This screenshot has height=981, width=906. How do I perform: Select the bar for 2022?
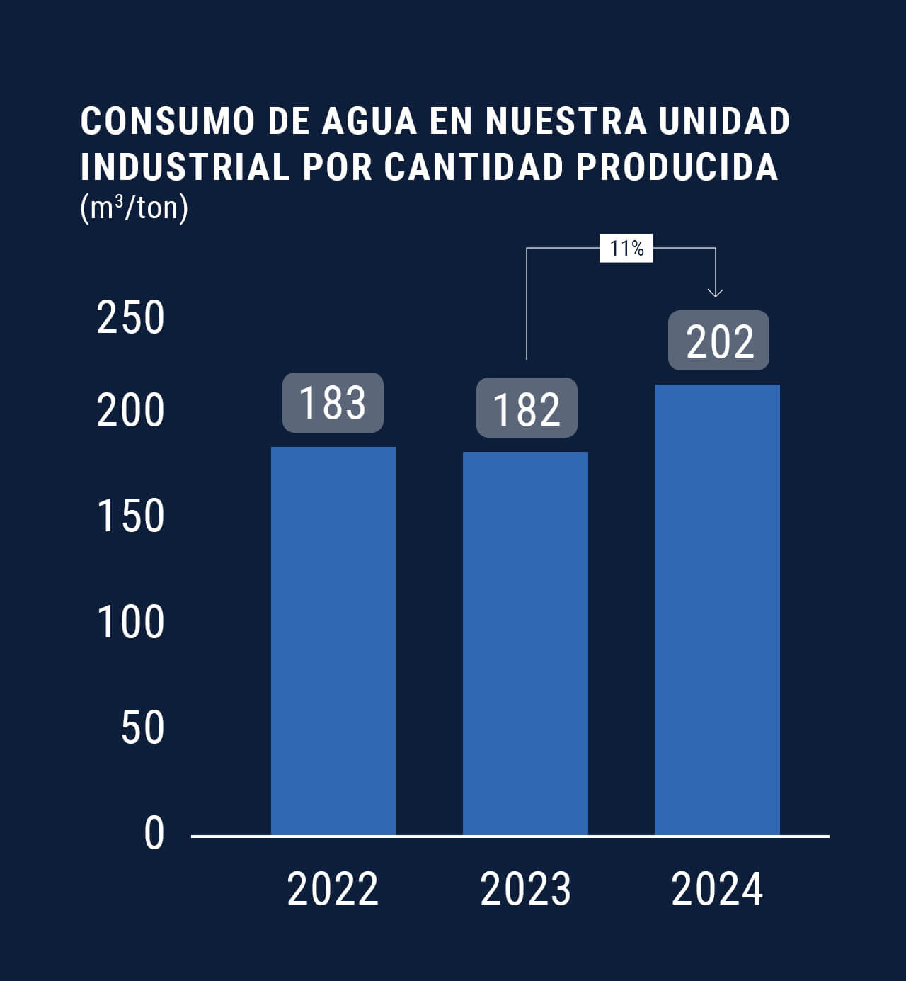pyautogui.click(x=333, y=641)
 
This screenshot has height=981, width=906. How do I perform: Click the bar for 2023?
pyautogui.click(x=525, y=643)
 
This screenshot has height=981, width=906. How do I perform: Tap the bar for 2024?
pyautogui.click(x=717, y=610)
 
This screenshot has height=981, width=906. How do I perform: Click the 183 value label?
pyautogui.click(x=333, y=402)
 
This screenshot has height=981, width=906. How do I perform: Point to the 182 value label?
pyautogui.click(x=527, y=408)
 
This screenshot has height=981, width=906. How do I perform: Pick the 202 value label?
pyautogui.click(x=718, y=341)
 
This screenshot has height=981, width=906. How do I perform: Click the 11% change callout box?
pyautogui.click(x=626, y=249)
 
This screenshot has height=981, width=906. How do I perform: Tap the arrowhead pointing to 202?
pyautogui.click(x=716, y=292)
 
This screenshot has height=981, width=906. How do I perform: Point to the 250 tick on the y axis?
pyautogui.click(x=130, y=318)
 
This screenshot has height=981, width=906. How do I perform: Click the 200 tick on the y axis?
pyautogui.click(x=130, y=411)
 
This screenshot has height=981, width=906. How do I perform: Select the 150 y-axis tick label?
pyautogui.click(x=130, y=516)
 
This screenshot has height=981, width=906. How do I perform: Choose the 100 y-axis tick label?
pyautogui.click(x=130, y=623)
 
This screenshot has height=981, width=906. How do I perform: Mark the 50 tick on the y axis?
pyautogui.click(x=142, y=727)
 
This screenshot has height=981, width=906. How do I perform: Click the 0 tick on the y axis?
pyautogui.click(x=154, y=834)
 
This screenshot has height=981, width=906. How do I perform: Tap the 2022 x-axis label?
pyautogui.click(x=333, y=889)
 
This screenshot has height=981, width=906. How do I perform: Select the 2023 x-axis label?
pyautogui.click(x=525, y=889)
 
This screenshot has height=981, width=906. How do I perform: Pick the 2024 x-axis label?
pyautogui.click(x=717, y=889)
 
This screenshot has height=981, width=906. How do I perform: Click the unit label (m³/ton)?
pyautogui.click(x=134, y=208)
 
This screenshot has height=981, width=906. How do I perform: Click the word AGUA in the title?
pyautogui.click(x=369, y=121)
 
